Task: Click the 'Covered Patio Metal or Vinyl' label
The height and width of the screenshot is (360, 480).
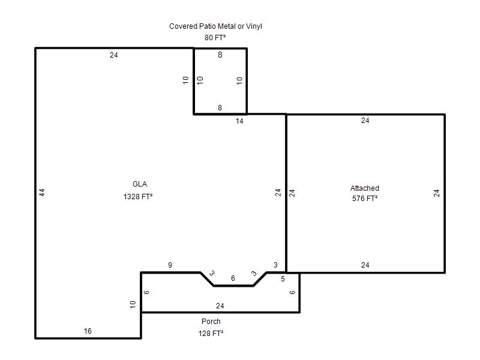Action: [x=215, y=26]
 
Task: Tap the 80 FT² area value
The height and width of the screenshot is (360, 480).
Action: [x=215, y=38]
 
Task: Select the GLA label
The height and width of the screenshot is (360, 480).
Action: [x=140, y=184]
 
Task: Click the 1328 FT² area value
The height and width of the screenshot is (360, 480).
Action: [x=138, y=197]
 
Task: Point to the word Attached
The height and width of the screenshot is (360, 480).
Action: [x=365, y=188]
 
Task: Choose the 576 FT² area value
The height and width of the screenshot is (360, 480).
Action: [x=365, y=199]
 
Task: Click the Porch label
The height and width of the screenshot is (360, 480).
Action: [x=211, y=322]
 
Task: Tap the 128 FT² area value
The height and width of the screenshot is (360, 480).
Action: [x=211, y=334]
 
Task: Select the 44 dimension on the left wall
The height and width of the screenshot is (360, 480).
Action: [x=42, y=193]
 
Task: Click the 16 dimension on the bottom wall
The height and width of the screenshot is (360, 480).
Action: [x=88, y=331]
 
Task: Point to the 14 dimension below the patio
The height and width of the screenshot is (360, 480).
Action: [x=239, y=121]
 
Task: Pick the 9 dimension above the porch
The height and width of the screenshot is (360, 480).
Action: [x=170, y=265]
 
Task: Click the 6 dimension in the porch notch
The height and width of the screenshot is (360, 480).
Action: [x=233, y=278]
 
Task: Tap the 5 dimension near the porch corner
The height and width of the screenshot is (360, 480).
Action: [x=283, y=279]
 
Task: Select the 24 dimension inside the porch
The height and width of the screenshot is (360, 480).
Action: [x=220, y=306]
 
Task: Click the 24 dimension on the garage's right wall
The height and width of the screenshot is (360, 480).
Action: [x=437, y=193]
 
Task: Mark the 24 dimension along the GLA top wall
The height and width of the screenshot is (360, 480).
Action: [x=114, y=55]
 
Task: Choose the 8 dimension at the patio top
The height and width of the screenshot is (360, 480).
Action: [x=220, y=55]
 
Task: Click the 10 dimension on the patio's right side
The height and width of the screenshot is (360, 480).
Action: [x=239, y=80]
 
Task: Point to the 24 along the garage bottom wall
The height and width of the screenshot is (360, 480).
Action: [x=365, y=265]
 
